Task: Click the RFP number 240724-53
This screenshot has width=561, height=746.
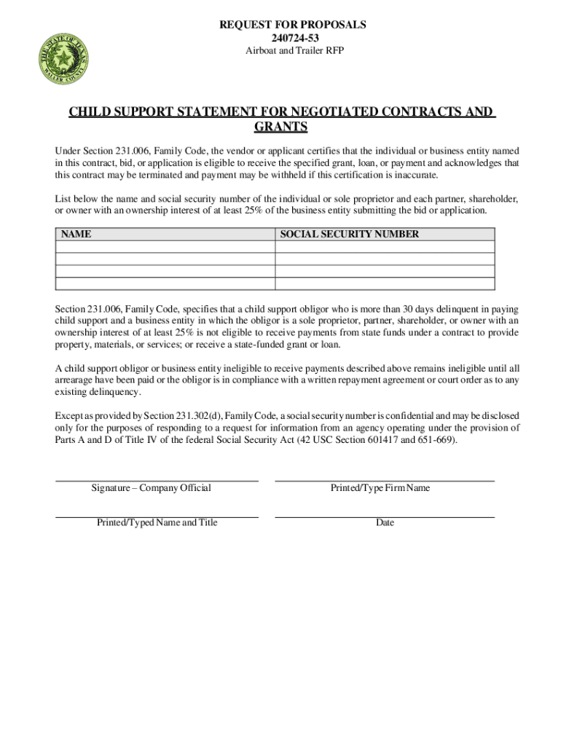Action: pos(292,38)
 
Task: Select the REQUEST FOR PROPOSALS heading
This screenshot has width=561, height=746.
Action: pos(292,25)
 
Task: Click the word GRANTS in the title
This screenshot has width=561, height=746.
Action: pos(280,127)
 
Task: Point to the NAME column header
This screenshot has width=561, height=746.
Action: pos(76,235)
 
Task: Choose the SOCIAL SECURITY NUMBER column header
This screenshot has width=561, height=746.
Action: pos(350,235)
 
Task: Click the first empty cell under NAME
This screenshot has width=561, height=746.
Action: pos(165,247)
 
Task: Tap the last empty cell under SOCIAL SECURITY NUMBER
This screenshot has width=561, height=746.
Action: pos(385,284)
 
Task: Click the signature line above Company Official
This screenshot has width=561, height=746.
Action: pos(157,481)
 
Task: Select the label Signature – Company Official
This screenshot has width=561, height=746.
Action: pos(151,488)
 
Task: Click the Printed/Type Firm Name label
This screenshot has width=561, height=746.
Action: pos(380,488)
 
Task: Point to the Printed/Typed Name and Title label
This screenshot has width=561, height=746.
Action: pos(157,523)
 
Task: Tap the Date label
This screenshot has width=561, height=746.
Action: pos(385,523)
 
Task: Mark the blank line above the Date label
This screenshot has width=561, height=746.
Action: pos(385,517)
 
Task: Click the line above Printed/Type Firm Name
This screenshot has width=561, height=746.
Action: pos(385,481)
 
